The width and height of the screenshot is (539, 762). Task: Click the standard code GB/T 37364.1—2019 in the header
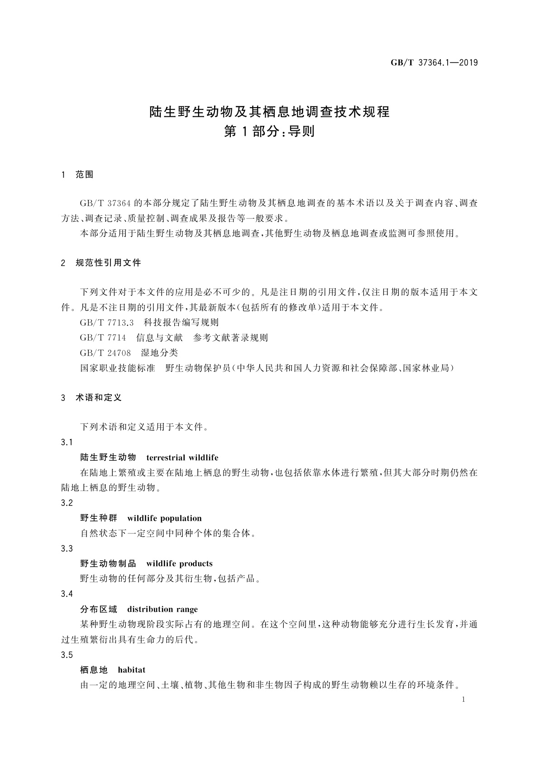pos(434,63)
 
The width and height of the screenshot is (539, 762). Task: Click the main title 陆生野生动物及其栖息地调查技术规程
pos(270,111)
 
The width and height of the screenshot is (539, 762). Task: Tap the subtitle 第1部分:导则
pos(270,132)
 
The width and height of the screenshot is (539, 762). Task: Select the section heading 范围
pos(85,175)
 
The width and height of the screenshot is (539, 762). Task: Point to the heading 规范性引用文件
pos(109,262)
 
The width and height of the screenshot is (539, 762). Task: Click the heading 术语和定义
pos(99,398)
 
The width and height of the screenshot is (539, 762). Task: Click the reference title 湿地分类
pos(160,353)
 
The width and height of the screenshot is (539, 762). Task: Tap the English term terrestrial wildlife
pos(182,457)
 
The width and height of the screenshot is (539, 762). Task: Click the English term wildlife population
pos(165,518)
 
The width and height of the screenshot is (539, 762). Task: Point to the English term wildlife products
pos(179,563)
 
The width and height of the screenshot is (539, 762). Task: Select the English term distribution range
pos(162,609)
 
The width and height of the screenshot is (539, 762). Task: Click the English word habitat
pos(132,670)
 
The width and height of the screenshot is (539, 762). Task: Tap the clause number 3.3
pos(67,548)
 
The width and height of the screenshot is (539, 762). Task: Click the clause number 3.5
pos(67,655)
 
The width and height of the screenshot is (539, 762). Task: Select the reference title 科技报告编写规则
pos(181,323)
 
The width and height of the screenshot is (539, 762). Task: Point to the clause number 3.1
pos(67,442)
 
